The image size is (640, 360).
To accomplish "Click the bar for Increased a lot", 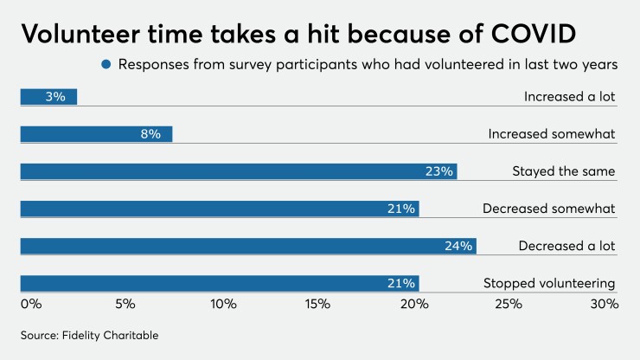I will (x=48, y=97).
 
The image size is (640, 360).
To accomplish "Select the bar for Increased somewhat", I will (x=96, y=134).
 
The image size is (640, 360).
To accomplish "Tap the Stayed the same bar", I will (x=238, y=171).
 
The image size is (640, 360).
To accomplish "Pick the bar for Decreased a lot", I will (x=248, y=246).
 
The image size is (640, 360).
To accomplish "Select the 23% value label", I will (x=438, y=171).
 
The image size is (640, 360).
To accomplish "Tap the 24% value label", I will (x=458, y=246).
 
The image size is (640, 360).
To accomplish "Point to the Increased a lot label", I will (x=569, y=97).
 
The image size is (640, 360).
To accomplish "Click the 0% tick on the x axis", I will (x=30, y=304).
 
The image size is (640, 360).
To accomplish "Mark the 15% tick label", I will (x=318, y=304).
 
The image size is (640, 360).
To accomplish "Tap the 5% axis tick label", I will (x=125, y=304).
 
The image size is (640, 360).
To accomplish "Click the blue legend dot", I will (x=106, y=64).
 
